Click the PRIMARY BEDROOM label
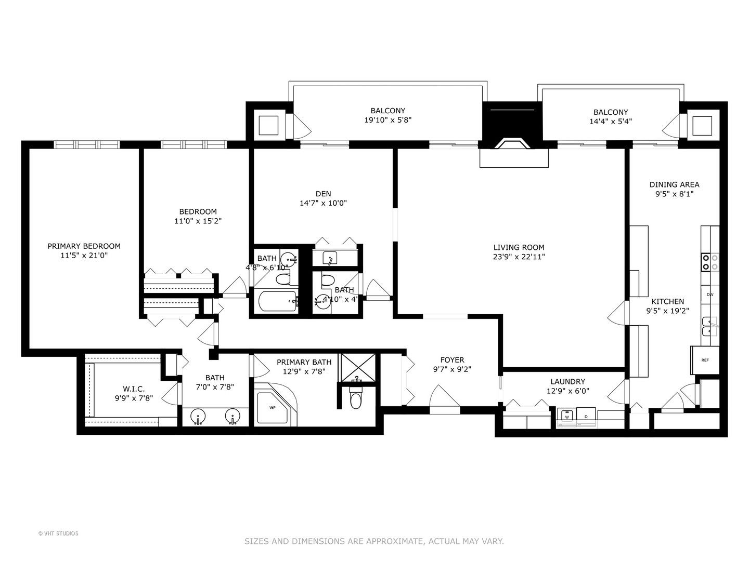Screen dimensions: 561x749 click(x=84, y=246)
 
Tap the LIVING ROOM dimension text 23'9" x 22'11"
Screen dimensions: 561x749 click(x=519, y=257)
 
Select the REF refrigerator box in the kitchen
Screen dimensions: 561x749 click(x=705, y=360)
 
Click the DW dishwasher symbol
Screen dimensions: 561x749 click(x=709, y=295)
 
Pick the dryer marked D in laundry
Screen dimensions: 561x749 click(x=586, y=416)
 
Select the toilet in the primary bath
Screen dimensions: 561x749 click(x=356, y=399)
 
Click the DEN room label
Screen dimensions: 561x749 click(x=323, y=194)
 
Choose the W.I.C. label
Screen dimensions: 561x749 click(x=134, y=389)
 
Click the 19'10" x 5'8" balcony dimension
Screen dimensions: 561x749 click(x=388, y=120)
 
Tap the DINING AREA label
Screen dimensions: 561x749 click(x=674, y=184)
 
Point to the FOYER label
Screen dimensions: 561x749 click(x=452, y=360)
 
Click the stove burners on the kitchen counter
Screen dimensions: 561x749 click(x=710, y=262)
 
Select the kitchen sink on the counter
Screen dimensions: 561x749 click(x=710, y=327)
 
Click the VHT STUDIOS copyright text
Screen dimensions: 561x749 click(x=58, y=533)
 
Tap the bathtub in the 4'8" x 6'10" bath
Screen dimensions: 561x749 click(x=277, y=301)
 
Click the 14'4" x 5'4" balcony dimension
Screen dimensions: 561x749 click(x=611, y=122)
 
